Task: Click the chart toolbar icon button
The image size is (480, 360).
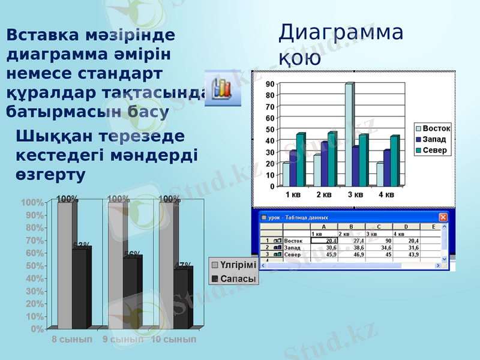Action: pyautogui.click(x=223, y=88)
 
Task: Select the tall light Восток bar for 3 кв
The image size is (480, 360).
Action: pyautogui.click(x=349, y=135)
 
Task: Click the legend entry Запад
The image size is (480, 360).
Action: pyautogui.click(x=434, y=139)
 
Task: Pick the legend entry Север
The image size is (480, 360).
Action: pyautogui.click(x=434, y=150)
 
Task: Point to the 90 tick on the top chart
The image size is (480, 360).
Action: pyautogui.click(x=271, y=84)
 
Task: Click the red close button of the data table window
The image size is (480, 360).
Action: pyautogui.click(x=443, y=217)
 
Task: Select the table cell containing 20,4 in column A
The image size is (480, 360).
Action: pyautogui.click(x=325, y=241)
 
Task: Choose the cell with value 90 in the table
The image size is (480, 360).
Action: pyautogui.click(x=378, y=241)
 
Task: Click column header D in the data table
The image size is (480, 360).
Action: pyautogui.click(x=406, y=227)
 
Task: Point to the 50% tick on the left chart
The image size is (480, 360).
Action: pyautogui.click(x=34, y=266)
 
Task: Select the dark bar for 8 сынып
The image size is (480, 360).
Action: pyautogui.click(x=79, y=288)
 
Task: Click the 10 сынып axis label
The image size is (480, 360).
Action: pyautogui.click(x=173, y=340)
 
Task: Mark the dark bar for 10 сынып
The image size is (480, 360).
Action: pyautogui.click(x=181, y=298)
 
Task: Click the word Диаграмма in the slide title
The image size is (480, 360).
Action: pyautogui.click(x=340, y=32)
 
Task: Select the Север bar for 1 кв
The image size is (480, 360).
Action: pyautogui.click(x=300, y=160)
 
